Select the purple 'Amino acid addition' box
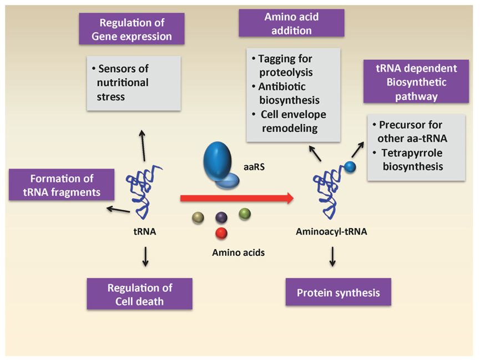click(291, 23)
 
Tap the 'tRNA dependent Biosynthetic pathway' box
click(416, 82)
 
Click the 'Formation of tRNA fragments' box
click(62, 185)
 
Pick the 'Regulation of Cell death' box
click(139, 294)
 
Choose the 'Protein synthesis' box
click(338, 292)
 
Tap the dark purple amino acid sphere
click(221, 217)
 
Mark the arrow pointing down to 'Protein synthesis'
click(332, 257)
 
